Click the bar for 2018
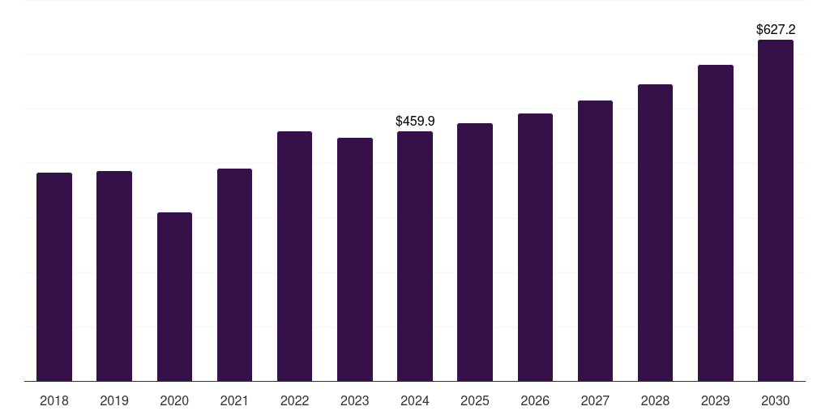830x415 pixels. click(54, 276)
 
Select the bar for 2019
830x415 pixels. click(114, 276)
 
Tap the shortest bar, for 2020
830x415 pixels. click(174, 297)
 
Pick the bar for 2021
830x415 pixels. click(234, 275)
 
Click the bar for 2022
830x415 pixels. click(294, 256)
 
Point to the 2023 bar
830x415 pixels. click(355, 259)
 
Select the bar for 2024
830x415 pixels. click(415, 256)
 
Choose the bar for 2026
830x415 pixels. click(535, 247)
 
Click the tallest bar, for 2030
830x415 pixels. click(776, 211)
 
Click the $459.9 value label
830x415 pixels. click(415, 121)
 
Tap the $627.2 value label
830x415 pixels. click(776, 29)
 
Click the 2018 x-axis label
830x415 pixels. click(54, 400)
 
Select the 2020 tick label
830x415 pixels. click(174, 400)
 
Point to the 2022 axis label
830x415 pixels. click(294, 400)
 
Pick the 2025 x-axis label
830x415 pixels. click(475, 400)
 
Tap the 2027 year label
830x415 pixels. click(595, 400)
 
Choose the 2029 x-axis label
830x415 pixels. click(716, 400)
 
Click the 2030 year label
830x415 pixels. click(776, 400)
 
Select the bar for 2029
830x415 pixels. click(716, 223)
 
